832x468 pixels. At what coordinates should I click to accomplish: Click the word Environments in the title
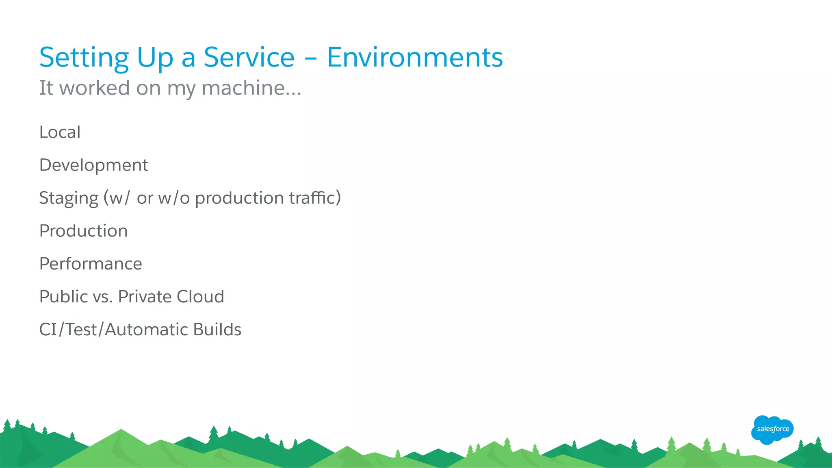pyautogui.click(x=415, y=57)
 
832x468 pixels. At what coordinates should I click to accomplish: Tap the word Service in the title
pyautogui.click(x=249, y=57)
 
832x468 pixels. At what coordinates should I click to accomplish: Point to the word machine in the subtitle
pyautogui.click(x=251, y=88)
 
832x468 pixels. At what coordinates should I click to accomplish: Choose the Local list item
pyautogui.click(x=60, y=132)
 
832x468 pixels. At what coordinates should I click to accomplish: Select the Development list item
pyautogui.click(x=93, y=165)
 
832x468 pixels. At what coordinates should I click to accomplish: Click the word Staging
pyautogui.click(x=69, y=198)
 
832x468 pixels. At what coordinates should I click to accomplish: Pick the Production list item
pyautogui.click(x=83, y=231)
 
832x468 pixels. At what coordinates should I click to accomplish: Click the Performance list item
pyautogui.click(x=91, y=264)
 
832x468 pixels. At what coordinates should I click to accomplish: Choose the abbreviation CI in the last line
pyautogui.click(x=48, y=330)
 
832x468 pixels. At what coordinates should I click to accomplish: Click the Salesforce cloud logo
pyautogui.click(x=772, y=429)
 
